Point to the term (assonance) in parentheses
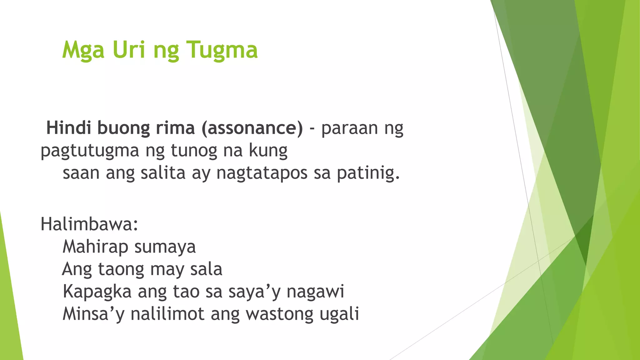coord(252,128)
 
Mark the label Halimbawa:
coord(89,224)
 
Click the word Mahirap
coord(95,247)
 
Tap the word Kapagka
coord(97,292)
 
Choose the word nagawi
coord(315,292)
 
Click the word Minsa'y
coord(93,314)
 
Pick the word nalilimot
coord(167,314)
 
